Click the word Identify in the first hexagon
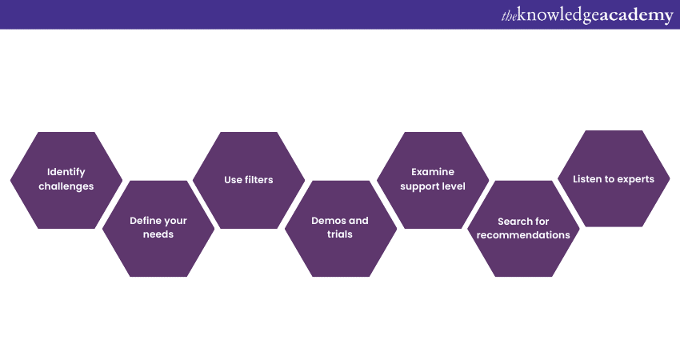pyautogui.click(x=66, y=172)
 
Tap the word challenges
pyautogui.click(x=66, y=186)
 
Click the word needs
pyautogui.click(x=158, y=235)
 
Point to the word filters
pyautogui.click(x=259, y=180)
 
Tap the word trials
pyautogui.click(x=340, y=235)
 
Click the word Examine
pyautogui.click(x=433, y=172)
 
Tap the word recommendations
pyautogui.click(x=523, y=235)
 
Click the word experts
pyautogui.click(x=634, y=179)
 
